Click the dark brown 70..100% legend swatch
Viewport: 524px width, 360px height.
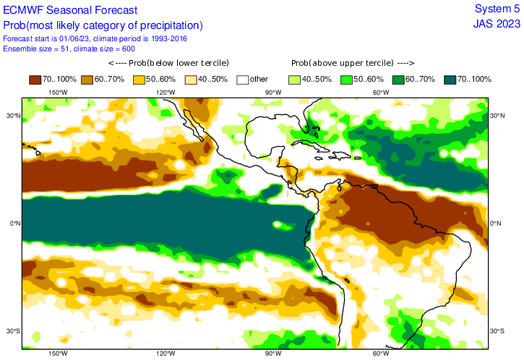pyautogui.click(x=36, y=79)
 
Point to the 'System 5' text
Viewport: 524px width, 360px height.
pyautogui.click(x=497, y=9)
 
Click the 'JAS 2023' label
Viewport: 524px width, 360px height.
pyautogui.click(x=497, y=24)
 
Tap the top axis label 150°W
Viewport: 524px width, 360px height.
pyautogui.click(x=58, y=92)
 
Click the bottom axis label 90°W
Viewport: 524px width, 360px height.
pyautogui.click(x=272, y=353)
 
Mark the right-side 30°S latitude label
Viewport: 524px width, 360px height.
pyautogui.click(x=497, y=331)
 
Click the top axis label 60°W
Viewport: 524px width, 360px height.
pyautogui.click(x=380, y=92)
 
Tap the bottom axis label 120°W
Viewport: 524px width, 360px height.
pyautogui.click(x=165, y=353)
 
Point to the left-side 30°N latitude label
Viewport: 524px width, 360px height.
pyautogui.click(x=12, y=116)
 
